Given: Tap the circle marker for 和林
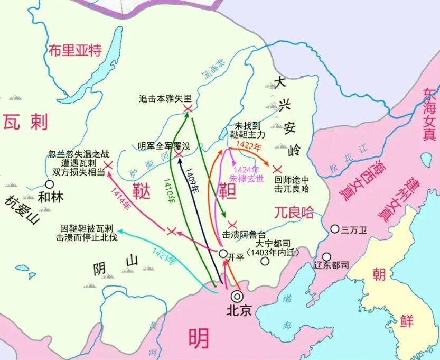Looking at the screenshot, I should [x=49, y=184].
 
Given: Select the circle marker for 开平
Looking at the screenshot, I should [x=223, y=254].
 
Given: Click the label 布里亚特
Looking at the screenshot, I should [x=74, y=50].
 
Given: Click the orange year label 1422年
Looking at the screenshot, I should [x=248, y=145].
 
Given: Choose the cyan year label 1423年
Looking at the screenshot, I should [x=163, y=256].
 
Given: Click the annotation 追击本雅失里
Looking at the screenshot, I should [x=165, y=98].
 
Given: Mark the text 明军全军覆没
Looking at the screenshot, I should [x=163, y=146].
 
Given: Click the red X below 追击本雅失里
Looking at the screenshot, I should [x=188, y=108].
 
